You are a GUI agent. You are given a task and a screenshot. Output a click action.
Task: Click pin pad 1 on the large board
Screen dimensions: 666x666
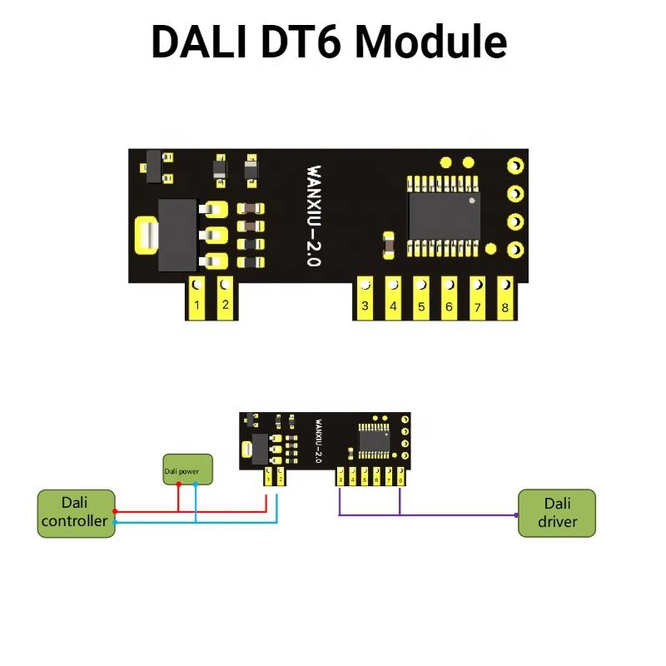[197, 297]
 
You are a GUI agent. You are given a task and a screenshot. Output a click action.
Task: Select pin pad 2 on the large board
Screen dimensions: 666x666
[225, 297]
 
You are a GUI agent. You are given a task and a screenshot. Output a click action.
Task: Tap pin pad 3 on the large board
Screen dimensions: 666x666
[365, 298]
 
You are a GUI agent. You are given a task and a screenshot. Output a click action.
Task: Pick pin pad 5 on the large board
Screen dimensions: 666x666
[421, 298]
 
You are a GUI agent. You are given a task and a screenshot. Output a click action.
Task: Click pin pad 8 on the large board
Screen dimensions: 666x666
[505, 298]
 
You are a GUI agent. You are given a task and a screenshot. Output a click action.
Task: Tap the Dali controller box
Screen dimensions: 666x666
[75, 513]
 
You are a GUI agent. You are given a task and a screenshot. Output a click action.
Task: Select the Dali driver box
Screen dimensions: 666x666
[557, 513]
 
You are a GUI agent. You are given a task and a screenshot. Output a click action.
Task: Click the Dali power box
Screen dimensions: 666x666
[186, 470]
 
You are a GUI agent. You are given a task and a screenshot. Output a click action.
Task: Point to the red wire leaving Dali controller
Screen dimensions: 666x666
[150, 510]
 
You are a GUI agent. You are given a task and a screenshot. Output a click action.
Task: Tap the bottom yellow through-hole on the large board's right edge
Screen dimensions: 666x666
[514, 249]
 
